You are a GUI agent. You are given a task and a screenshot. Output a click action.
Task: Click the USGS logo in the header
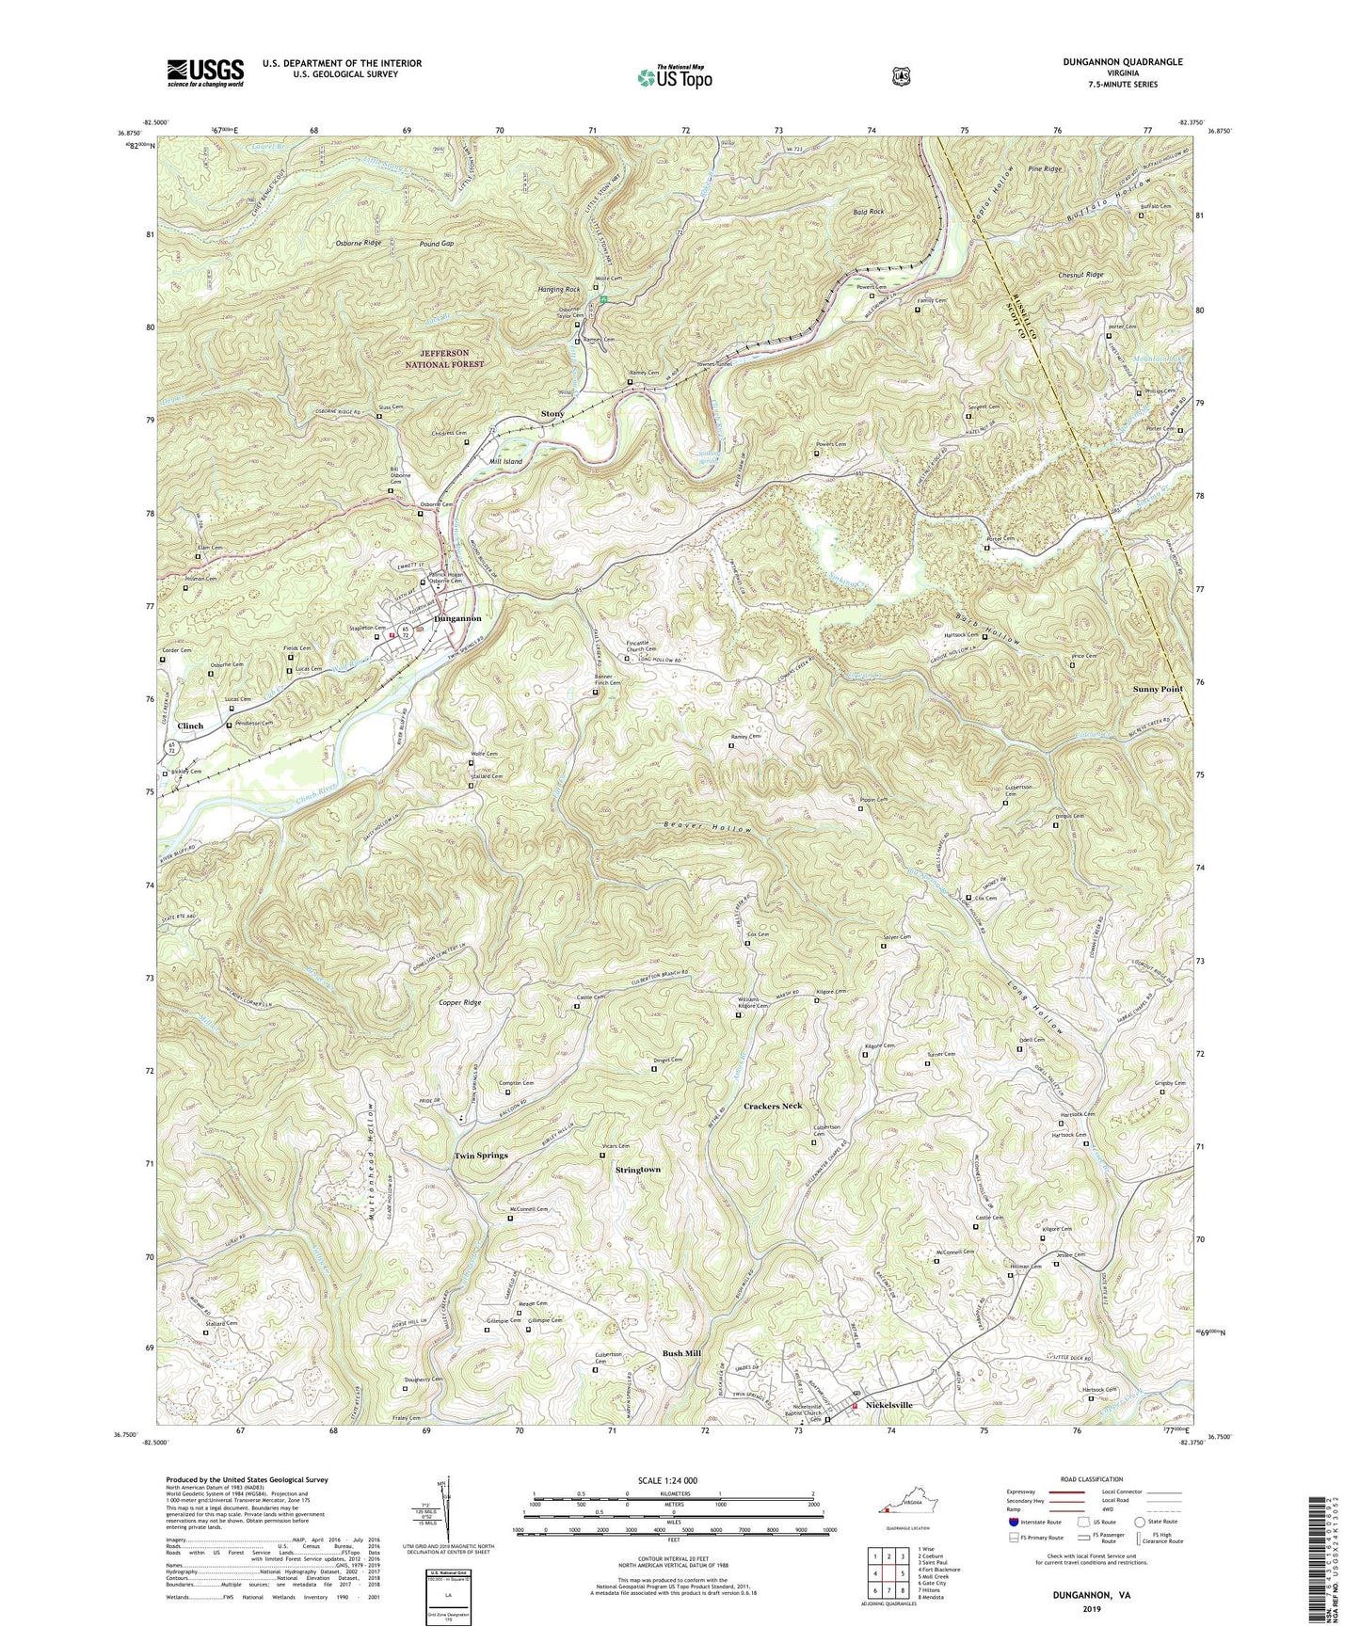pos(205,72)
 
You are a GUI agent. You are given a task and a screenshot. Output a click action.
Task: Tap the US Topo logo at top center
pos(674,77)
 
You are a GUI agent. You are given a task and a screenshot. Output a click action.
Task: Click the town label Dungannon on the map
pos(456,618)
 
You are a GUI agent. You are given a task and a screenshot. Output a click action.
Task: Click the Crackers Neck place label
pos(772,1106)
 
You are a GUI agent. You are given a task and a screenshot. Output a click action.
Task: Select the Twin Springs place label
pos(481,1155)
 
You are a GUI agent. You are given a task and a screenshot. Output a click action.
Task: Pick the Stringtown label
pos(637,1169)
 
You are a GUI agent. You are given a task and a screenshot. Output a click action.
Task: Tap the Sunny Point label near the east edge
pos(1158,689)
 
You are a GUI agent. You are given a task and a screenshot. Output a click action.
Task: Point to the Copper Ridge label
pos(458,1003)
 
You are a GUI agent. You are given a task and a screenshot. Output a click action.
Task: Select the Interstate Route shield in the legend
pos(1013,1521)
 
